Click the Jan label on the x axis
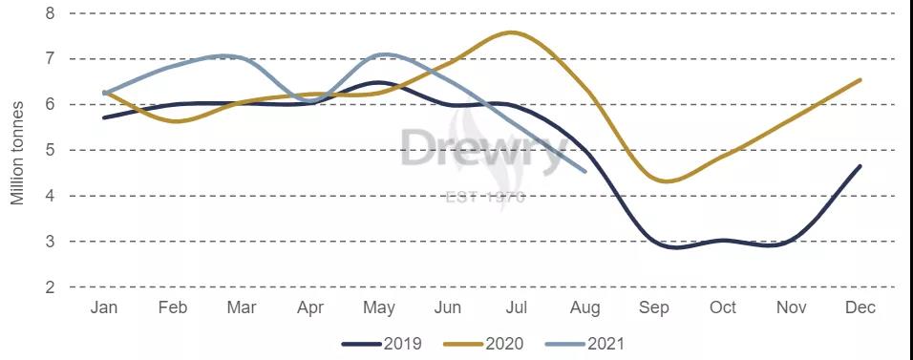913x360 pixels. coord(103,307)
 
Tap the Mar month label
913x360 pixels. coord(242,307)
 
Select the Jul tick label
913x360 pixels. coord(516,307)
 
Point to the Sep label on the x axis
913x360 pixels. coord(654,307)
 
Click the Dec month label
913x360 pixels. coord(860,307)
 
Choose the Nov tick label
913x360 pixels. coord(792,307)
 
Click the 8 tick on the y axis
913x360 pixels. coord(50,13)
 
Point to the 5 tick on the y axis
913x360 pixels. coord(50,150)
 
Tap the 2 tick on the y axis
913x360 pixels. coord(50,286)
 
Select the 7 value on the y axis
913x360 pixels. coord(50,59)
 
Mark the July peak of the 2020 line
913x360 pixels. coord(512,32)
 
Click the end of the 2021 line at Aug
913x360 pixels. coord(584,172)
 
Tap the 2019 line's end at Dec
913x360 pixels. coord(860,166)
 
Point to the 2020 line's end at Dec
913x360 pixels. coord(860,80)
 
